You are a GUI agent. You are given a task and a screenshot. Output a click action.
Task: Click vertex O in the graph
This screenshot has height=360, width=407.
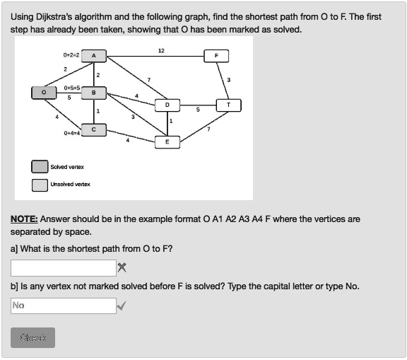coord(43,92)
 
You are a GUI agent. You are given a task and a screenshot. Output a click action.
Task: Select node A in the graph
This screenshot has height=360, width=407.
coord(95,55)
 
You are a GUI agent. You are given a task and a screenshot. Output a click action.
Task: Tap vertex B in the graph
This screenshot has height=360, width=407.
coord(95,92)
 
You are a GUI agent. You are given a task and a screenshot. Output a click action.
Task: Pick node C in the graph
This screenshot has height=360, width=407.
coord(95,129)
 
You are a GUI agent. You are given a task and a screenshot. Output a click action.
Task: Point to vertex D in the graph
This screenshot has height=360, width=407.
coord(167,105)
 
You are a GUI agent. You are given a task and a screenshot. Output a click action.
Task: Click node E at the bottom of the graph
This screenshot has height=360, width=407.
coord(167,141)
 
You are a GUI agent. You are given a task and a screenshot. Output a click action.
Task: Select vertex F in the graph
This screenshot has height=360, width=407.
coord(216,55)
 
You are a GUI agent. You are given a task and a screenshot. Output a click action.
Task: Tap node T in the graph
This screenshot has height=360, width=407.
coord(228,105)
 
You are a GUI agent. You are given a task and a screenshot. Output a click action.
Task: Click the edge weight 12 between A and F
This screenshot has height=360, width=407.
coord(161,51)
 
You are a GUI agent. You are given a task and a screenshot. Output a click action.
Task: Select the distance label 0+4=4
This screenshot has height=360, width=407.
coord(72,133)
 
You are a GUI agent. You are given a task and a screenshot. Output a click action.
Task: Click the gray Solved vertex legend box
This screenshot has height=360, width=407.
coord(40,167)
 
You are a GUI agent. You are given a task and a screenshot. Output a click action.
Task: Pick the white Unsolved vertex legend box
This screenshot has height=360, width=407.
coord(40,185)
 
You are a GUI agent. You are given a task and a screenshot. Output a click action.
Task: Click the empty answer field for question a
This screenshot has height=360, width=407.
coord(63,268)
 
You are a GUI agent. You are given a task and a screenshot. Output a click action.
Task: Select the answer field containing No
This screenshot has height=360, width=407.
coord(63,306)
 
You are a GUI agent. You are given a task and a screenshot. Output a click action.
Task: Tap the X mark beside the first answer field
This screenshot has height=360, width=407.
coord(122,267)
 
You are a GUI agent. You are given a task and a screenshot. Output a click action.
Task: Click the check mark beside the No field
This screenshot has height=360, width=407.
coord(122,306)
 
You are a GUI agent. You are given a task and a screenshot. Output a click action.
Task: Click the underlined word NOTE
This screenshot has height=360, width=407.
coord(24,219)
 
